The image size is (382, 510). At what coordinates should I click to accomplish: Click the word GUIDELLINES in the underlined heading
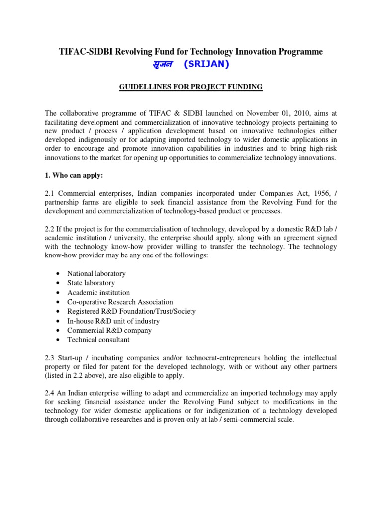click(143, 87)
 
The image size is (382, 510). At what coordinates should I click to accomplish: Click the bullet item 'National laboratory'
click(96, 274)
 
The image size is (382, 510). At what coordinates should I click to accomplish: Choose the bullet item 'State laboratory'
click(91, 283)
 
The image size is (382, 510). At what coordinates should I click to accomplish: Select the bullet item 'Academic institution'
click(98, 293)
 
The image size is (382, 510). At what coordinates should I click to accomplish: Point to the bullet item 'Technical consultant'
click(98, 340)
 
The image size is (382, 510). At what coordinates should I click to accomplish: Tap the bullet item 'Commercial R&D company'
click(109, 330)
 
